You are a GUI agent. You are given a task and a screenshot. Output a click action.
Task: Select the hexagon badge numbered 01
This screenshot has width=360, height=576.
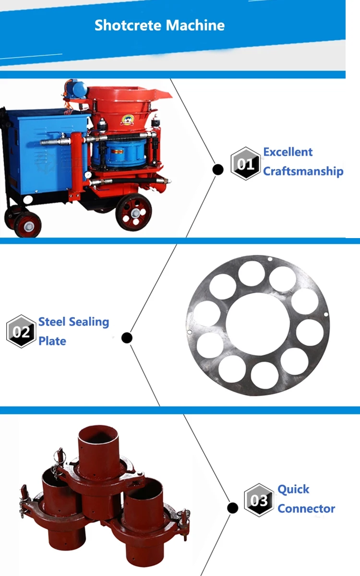(246, 164)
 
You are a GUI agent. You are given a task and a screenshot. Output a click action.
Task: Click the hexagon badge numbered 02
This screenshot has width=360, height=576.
(21, 331)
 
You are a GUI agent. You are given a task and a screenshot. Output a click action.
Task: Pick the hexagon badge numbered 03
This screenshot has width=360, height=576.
(259, 500)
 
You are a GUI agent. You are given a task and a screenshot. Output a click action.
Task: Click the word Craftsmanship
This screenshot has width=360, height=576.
(303, 171)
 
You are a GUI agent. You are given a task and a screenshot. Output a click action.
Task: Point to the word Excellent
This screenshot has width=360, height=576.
(288, 152)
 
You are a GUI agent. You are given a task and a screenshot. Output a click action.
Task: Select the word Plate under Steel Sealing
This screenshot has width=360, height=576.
(52, 341)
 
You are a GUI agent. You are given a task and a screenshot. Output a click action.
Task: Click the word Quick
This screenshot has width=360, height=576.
(293, 490)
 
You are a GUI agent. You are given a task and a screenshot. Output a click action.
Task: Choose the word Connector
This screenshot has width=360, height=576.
(306, 509)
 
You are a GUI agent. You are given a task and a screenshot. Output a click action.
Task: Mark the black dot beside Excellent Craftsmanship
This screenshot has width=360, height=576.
(218, 169)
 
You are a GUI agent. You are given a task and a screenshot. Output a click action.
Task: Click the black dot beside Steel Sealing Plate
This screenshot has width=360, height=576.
(127, 338)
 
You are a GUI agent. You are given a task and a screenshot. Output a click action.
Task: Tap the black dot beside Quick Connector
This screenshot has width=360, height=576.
(233, 508)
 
